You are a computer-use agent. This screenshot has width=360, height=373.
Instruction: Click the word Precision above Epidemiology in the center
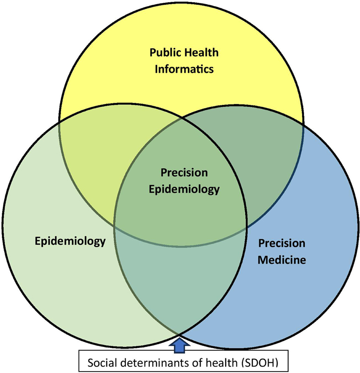(x=184, y=173)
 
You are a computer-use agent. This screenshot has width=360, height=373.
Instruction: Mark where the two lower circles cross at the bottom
(x=180, y=335)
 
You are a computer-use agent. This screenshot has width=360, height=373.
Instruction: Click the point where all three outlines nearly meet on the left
(x=115, y=227)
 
